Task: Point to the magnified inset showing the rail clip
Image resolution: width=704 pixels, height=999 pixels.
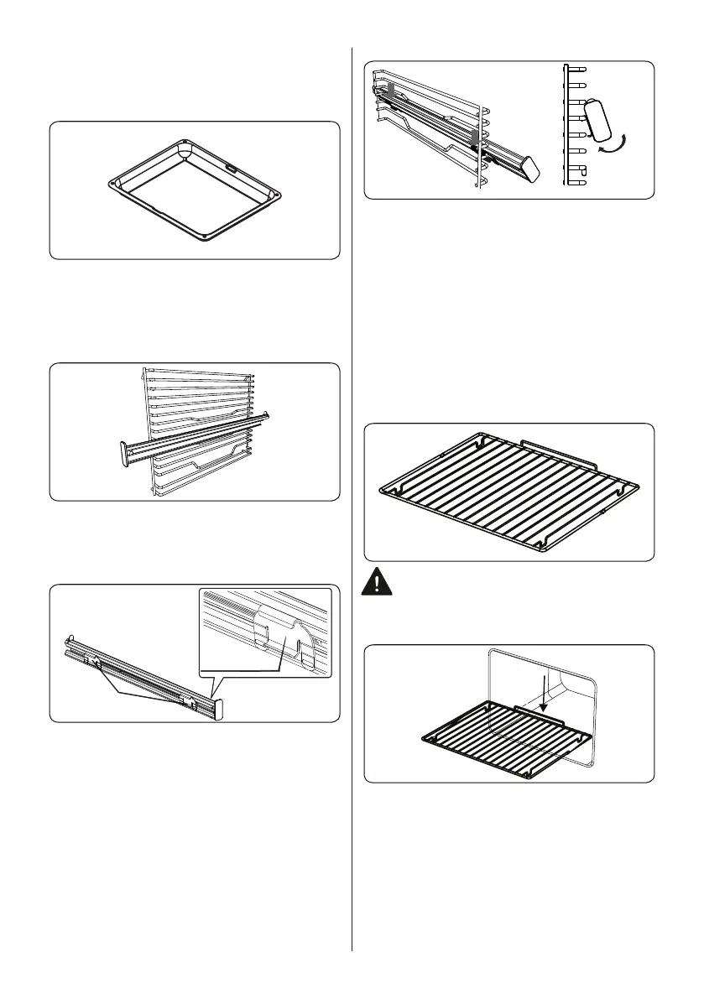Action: click(265, 632)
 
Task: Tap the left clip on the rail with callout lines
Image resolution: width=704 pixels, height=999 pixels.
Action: click(97, 664)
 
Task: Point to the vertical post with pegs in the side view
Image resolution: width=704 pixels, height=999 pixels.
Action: click(569, 126)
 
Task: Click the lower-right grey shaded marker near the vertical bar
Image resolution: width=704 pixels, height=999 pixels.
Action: click(474, 135)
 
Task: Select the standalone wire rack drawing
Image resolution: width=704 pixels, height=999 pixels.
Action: click(508, 492)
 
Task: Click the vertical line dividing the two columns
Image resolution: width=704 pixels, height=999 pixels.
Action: click(352, 503)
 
